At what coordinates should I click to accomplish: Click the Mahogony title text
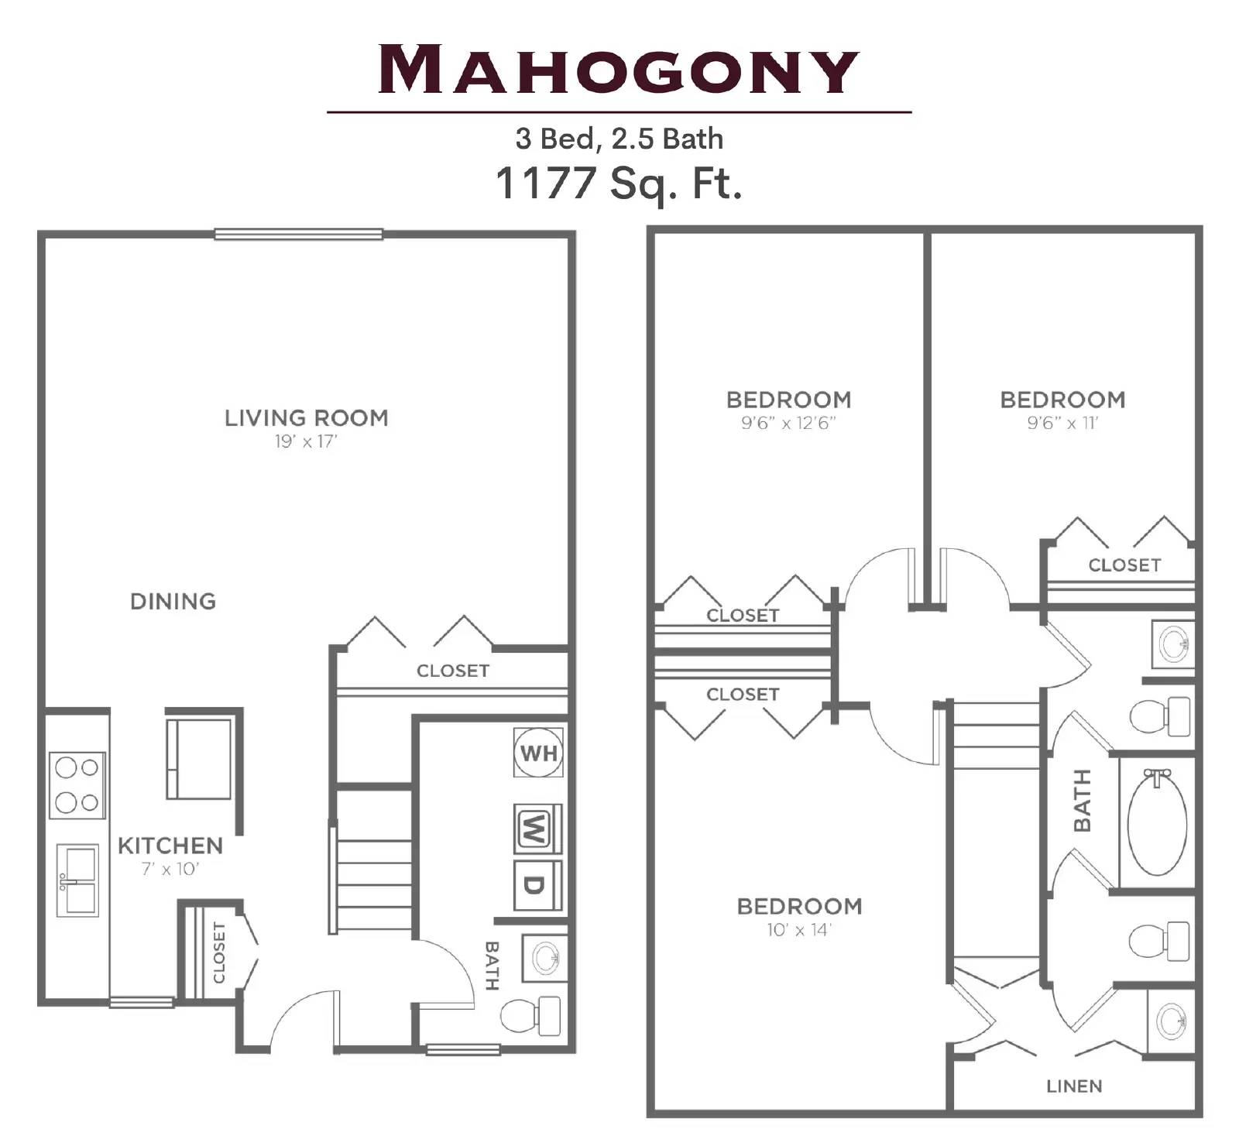coord(618,70)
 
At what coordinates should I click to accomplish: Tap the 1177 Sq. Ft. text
coord(618,184)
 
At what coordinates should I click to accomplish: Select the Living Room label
coord(306,418)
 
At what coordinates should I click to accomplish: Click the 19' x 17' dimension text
coord(306,441)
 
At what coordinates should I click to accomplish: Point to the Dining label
coord(173,602)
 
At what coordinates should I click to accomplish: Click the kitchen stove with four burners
coord(77,784)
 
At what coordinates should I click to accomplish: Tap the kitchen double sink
coord(77,880)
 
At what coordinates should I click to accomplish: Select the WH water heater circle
coord(538,752)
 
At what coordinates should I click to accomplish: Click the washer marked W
coord(537,828)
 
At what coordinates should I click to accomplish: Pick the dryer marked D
coord(537,884)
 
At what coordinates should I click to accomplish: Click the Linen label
coord(1073,1086)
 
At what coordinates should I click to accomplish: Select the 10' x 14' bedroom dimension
coord(798,930)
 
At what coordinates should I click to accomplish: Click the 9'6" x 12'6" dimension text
coord(788,423)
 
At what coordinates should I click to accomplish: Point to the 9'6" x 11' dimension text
coord(1062,423)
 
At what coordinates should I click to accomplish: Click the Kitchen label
coord(170,846)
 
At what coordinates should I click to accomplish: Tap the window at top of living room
coord(298,234)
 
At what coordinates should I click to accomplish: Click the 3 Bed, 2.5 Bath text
coord(619,139)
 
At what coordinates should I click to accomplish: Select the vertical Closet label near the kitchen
coord(219,952)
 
